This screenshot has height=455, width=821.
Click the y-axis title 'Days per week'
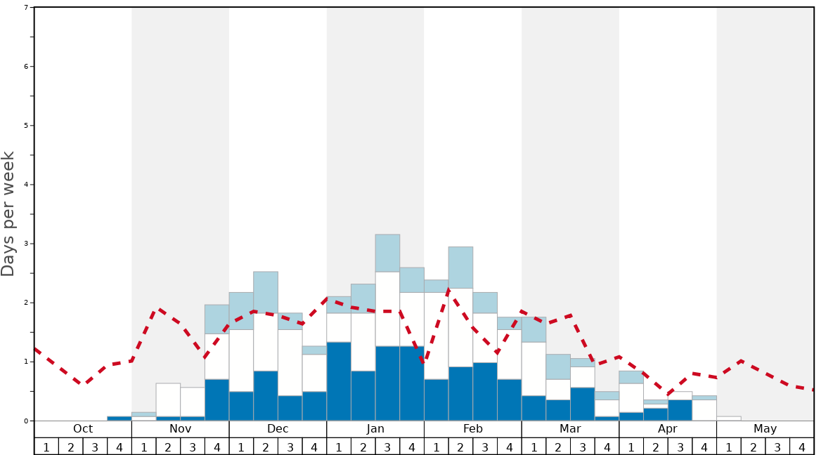(x=8, y=213)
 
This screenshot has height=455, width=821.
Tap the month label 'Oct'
(x=83, y=429)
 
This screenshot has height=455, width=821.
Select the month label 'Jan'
(x=375, y=429)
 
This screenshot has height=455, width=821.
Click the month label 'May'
(x=765, y=429)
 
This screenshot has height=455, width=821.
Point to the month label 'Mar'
(x=570, y=429)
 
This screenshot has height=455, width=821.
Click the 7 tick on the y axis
(x=26, y=8)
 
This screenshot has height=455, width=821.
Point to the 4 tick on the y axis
(x=26, y=185)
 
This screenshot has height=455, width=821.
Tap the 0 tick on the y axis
(x=26, y=421)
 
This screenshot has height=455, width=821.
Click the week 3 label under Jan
(x=387, y=447)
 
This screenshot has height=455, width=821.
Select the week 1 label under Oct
(x=46, y=447)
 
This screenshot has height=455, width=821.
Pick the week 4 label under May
(x=802, y=447)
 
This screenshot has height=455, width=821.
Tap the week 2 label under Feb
(x=460, y=447)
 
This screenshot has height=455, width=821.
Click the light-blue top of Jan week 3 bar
(x=387, y=253)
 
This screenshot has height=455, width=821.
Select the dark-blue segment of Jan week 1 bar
(x=339, y=381)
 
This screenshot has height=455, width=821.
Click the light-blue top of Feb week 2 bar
(x=460, y=267)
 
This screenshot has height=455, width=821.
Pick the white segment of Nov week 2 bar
(x=168, y=400)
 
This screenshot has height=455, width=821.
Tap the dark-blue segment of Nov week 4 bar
(x=216, y=400)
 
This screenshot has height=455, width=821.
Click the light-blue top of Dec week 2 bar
(x=266, y=292)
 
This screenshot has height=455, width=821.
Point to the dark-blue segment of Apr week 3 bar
(x=680, y=410)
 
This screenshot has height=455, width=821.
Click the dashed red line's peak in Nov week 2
(x=160, y=308)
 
